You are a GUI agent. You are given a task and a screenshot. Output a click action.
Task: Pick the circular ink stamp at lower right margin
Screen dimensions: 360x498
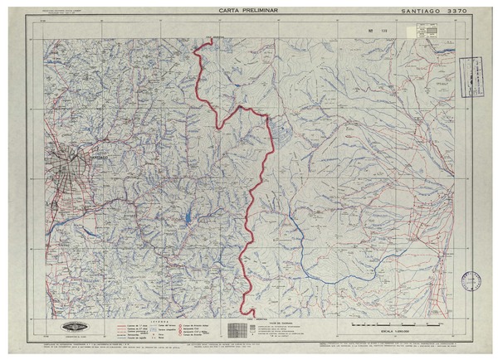point(471,283)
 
